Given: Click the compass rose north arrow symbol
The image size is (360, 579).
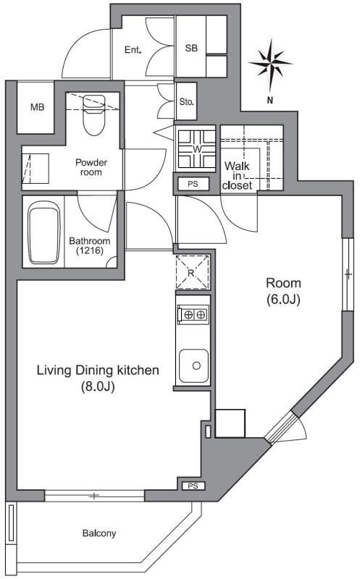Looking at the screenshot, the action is [271, 65].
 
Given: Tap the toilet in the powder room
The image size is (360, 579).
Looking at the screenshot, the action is [93, 115].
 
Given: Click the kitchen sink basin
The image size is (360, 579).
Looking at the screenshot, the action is [193, 366].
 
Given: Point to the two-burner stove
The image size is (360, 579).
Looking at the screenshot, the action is [193, 315].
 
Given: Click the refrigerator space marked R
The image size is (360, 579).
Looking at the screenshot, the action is [192, 273].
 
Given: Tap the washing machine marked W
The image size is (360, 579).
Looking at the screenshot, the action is [196, 149].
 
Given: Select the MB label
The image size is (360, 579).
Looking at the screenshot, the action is [38, 107].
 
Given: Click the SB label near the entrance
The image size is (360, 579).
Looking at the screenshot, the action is [191, 48].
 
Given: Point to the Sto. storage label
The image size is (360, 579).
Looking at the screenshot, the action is [187, 101].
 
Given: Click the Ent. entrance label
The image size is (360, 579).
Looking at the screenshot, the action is [133, 50].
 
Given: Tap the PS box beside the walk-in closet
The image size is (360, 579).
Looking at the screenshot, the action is [193, 184].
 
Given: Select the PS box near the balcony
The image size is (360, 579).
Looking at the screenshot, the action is [193, 486].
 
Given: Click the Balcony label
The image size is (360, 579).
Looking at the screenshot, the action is [99, 533].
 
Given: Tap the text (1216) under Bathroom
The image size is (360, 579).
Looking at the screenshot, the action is [90, 250].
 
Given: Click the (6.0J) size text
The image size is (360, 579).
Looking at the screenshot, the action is [283, 300].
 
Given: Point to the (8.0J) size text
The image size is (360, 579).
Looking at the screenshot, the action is [98, 386].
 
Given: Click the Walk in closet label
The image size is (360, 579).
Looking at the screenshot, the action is [238, 176].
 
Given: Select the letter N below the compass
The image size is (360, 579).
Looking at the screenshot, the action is [270, 100].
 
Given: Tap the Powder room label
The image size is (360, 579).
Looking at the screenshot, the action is [91, 167].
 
